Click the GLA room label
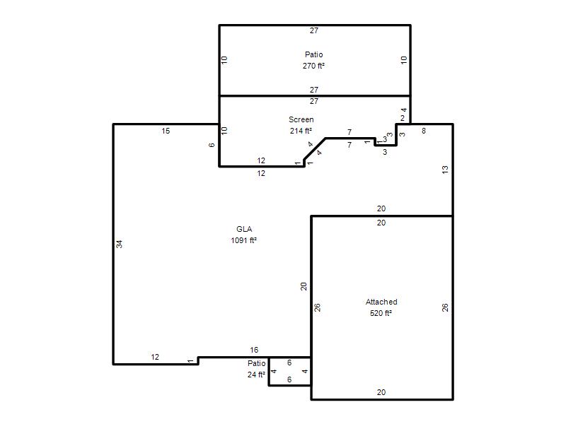point(244,229)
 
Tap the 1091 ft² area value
point(243,240)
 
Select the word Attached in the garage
point(381,302)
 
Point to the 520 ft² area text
point(381,313)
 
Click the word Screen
point(301,119)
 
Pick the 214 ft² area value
point(301,131)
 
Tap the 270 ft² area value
point(313,66)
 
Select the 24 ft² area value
point(256,375)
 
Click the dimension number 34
point(119,244)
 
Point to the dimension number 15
point(166,131)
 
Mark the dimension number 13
point(445,170)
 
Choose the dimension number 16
point(254,350)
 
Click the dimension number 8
point(424,131)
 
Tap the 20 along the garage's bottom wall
point(381,392)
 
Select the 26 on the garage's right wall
point(445,307)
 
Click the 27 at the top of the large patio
point(314,30)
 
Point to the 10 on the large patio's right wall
point(404,60)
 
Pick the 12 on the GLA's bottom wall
point(155,357)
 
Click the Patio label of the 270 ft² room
point(313,54)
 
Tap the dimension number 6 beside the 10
point(212,145)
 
